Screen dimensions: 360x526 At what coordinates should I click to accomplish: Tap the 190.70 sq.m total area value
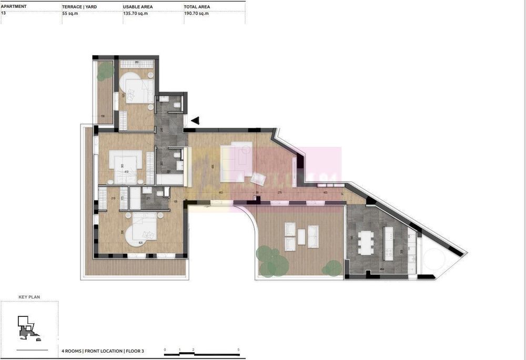point(196,13)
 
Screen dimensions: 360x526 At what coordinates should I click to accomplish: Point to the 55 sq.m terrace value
point(70,13)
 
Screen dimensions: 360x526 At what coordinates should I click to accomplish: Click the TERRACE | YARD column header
point(79,6)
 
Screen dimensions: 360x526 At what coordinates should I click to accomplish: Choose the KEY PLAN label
point(29,297)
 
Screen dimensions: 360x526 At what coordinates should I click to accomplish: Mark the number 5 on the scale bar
point(238,349)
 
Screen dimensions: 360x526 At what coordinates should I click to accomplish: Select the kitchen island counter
point(389,243)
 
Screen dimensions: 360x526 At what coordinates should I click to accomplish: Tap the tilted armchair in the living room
point(258,178)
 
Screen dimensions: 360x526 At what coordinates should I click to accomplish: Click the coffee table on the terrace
point(301,237)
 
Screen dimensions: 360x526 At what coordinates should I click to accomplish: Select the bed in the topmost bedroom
point(138,88)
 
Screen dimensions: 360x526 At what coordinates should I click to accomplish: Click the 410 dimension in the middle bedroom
point(126,171)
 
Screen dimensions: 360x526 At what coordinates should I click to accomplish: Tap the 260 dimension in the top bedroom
point(137,63)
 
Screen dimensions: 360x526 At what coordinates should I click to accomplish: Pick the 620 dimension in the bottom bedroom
point(141,243)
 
